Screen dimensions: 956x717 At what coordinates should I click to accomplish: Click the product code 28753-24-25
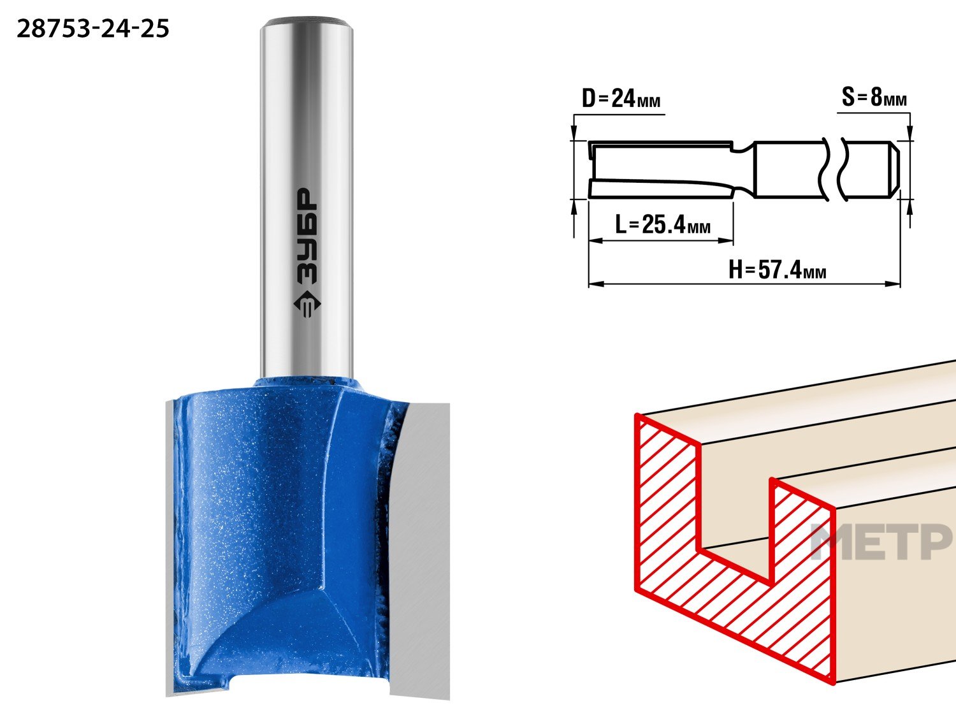click(x=93, y=29)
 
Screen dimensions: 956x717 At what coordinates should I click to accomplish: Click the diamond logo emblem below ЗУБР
click(x=307, y=304)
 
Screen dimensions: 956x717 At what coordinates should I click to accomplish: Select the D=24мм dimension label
click(x=621, y=98)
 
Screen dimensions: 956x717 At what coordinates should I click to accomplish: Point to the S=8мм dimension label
click(x=874, y=97)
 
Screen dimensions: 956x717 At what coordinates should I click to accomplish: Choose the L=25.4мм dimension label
click(x=662, y=224)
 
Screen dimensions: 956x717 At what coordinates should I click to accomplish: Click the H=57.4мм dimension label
click(x=778, y=270)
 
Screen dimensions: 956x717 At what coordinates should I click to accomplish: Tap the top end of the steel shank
click(x=307, y=22)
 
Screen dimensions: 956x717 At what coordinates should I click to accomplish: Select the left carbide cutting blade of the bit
click(x=170, y=549)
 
